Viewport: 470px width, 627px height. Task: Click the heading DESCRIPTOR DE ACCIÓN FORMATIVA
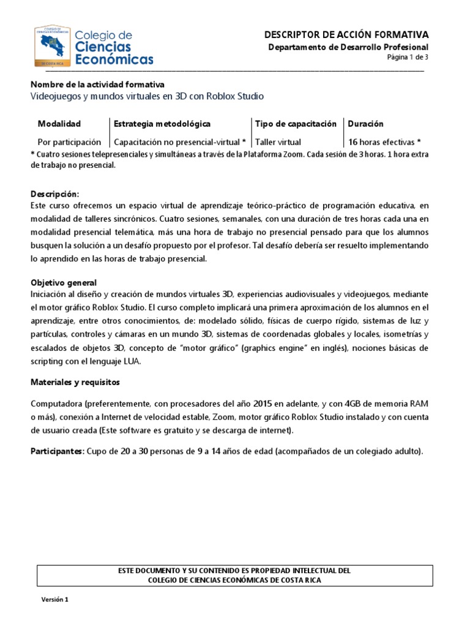346,35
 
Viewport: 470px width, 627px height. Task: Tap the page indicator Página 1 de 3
408,58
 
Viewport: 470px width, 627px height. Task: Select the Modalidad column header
59,124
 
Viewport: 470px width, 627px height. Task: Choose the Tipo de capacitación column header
296,124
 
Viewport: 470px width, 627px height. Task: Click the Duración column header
365,124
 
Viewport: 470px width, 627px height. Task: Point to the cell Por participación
69,141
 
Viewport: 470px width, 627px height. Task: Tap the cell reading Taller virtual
278,141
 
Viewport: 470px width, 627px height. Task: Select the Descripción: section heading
55,193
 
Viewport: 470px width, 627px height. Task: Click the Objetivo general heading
64,282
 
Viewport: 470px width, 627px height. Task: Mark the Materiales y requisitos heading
75,382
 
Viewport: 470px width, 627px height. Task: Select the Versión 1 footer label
54,599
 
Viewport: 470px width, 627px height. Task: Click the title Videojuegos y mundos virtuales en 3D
147,97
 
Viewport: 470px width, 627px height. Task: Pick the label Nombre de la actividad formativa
97,84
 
